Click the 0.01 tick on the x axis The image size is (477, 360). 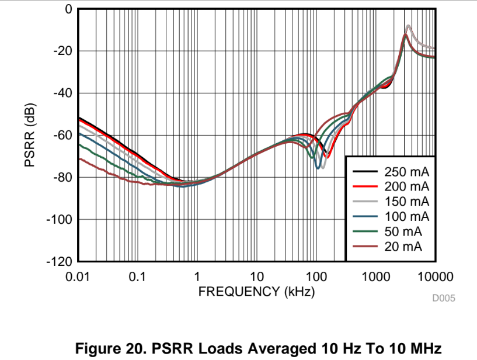click(x=78, y=276)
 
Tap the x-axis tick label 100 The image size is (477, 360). click(x=316, y=276)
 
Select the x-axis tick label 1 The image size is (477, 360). click(x=197, y=276)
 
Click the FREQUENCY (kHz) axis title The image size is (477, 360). click(x=256, y=291)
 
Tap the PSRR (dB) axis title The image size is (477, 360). click(x=30, y=136)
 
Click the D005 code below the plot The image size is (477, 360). click(x=443, y=299)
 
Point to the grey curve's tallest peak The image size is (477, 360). click(x=408, y=26)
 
